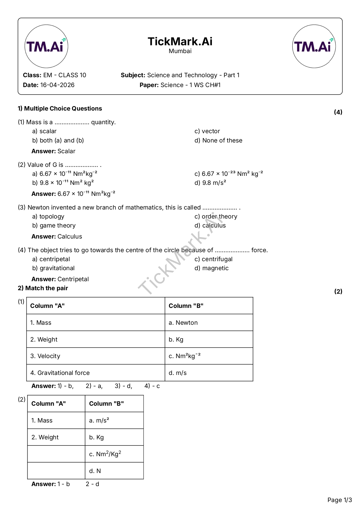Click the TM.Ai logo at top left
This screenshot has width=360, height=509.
click(46, 46)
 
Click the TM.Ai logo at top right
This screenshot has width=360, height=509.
click(314, 46)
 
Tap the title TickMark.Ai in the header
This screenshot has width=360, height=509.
click(180, 41)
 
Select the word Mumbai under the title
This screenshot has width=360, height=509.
click(180, 51)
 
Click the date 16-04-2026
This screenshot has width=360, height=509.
click(57, 85)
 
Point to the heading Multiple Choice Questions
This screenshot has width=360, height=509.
click(63, 109)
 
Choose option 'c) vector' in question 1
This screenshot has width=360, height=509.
click(207, 131)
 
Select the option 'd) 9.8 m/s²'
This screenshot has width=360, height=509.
click(210, 183)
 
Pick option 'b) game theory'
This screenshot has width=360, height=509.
click(54, 225)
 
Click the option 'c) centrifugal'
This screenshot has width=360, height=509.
click(213, 259)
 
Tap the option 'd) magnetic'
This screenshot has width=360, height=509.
click(211, 268)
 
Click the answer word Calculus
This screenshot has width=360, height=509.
click(70, 237)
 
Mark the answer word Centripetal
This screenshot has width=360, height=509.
click(73, 279)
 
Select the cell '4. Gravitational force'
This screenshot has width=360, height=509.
click(60, 373)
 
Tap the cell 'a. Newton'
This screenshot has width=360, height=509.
click(183, 323)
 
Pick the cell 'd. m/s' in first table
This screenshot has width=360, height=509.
click(178, 373)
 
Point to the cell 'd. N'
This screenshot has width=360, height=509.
click(95, 471)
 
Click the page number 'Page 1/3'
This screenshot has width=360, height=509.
click(339, 500)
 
